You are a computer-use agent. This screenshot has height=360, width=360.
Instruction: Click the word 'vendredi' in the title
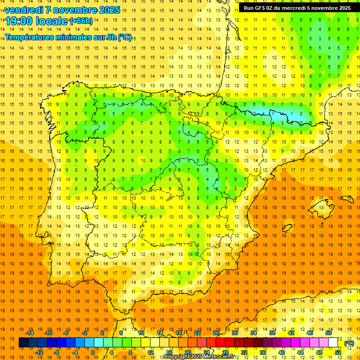coord(24,10)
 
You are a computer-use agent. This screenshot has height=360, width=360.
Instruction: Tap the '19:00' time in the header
coord(19,21)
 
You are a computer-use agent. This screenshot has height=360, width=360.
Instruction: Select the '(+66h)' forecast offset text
coord(81,21)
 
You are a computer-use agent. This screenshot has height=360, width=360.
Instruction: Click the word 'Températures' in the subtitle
coord(29,37)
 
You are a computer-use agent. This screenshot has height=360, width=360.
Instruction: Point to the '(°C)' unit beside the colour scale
coord(349,343)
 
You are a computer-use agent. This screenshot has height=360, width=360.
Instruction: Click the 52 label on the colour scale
coord(337,352)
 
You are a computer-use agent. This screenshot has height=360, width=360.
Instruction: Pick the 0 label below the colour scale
coord(93,352)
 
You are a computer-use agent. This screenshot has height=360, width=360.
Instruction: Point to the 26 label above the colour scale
coord(216,333)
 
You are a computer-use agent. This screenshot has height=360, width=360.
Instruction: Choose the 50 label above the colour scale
coord(329,333)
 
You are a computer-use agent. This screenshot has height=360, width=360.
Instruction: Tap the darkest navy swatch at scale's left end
coord(23,343)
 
